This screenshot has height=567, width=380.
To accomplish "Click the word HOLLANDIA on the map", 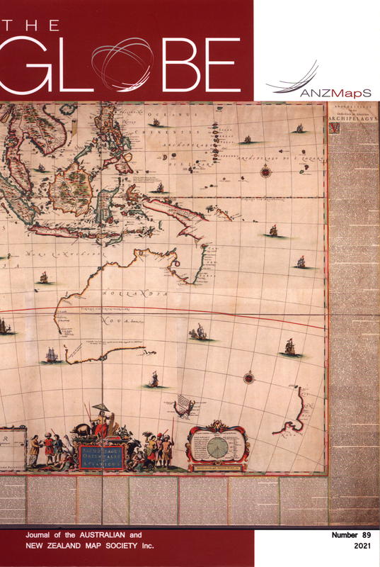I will pyautogui.click(x=136, y=292).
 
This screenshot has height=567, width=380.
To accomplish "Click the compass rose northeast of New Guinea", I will pyautogui.click(x=266, y=170).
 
